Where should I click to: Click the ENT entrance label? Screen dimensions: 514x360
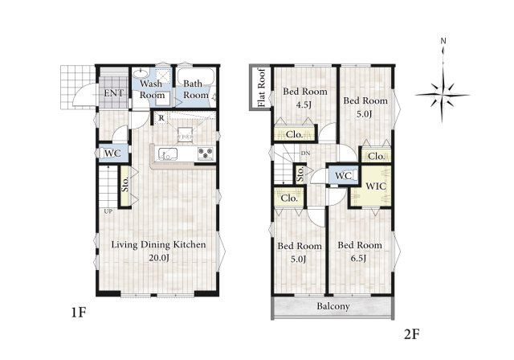114,93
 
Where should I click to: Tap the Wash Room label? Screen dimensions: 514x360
152,89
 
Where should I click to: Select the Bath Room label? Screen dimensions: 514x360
196,89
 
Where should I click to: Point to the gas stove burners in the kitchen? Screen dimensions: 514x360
206,153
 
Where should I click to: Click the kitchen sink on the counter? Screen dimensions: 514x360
168,154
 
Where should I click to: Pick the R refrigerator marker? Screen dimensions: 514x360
161,118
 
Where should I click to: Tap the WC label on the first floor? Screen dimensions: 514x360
112,153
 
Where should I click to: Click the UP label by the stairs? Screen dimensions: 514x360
108,211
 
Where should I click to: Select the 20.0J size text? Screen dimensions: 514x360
159,258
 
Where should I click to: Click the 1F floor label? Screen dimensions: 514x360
79,313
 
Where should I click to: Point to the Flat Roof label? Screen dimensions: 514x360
261,88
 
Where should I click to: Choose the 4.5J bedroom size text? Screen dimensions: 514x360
304,105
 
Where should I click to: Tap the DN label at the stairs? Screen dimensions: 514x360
305,153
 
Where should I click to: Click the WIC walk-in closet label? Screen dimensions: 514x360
376,186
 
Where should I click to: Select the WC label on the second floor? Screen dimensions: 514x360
344,176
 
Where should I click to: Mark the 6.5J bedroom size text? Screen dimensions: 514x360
358,259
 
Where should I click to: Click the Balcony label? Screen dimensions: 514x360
333,306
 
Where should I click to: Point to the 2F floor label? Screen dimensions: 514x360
412,334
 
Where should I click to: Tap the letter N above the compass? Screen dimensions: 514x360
443,41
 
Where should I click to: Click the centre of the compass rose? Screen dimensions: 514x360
443,95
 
